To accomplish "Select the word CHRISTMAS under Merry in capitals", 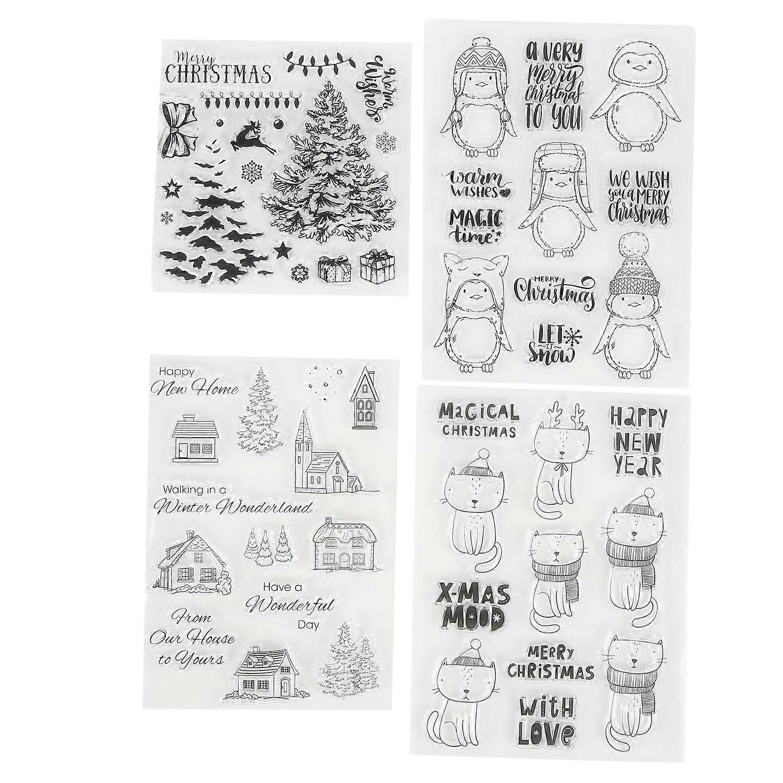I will click(x=218, y=74).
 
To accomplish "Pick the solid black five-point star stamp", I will click(x=281, y=250).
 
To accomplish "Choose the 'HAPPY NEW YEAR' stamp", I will click(x=638, y=443).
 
